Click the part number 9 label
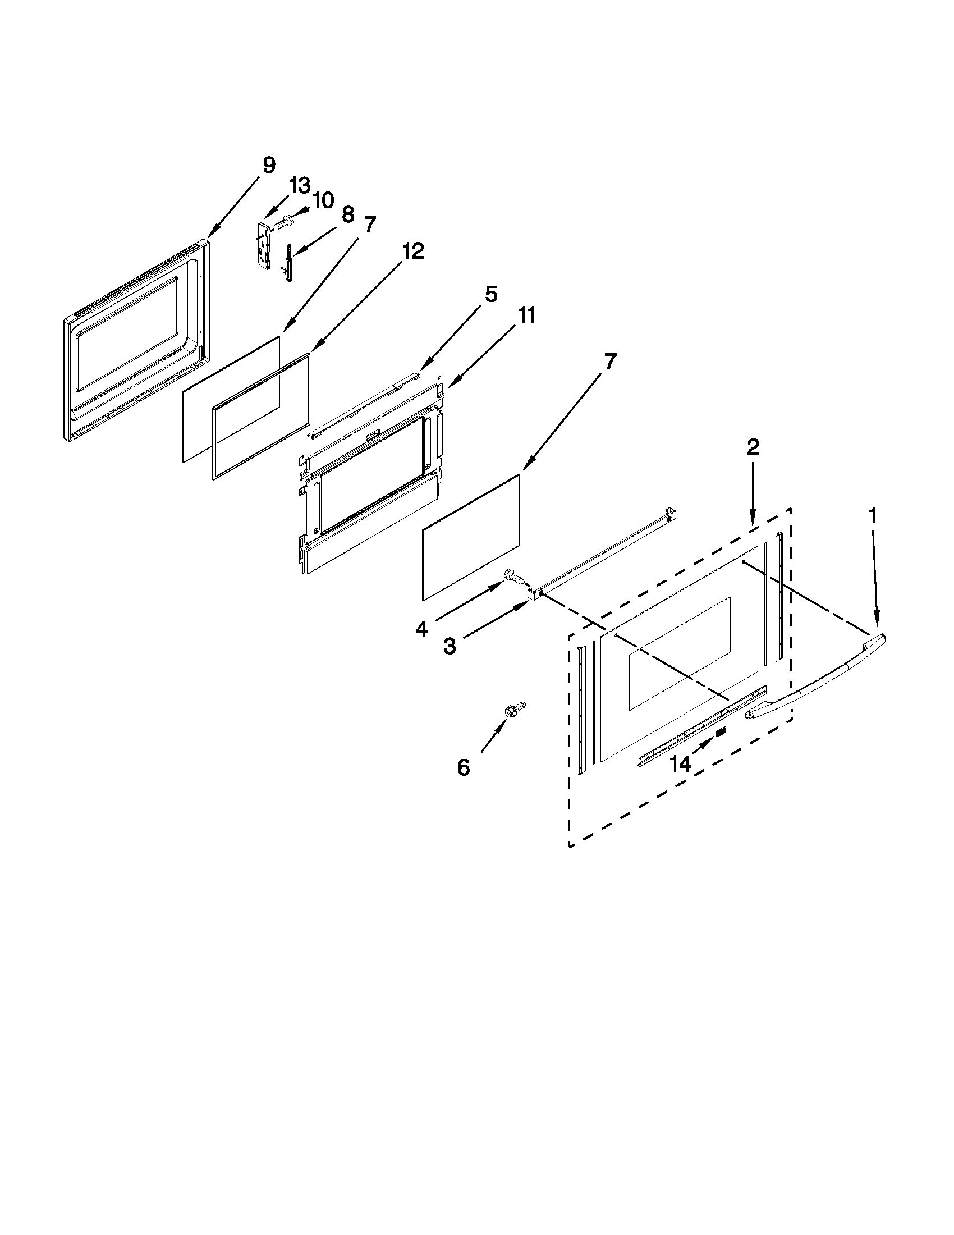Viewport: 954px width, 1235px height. point(269,166)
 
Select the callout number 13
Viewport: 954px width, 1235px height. point(300,185)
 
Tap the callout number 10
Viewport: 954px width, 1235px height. point(323,200)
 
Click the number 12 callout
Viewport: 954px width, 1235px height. point(414,251)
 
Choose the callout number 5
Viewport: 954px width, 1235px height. point(490,294)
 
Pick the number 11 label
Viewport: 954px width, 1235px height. point(527,315)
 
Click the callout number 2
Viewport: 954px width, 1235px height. point(753,447)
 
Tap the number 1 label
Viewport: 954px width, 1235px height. point(873,516)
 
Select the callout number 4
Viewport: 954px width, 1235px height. point(421,629)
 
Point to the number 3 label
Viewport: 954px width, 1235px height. point(450,646)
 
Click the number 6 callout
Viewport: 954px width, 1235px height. point(464,767)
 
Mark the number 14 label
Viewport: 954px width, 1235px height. point(681,764)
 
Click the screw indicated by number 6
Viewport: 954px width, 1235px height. point(515,710)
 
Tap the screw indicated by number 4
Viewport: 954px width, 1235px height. point(513,576)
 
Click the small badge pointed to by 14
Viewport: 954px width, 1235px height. point(721,733)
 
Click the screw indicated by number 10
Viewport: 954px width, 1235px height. point(283,221)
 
